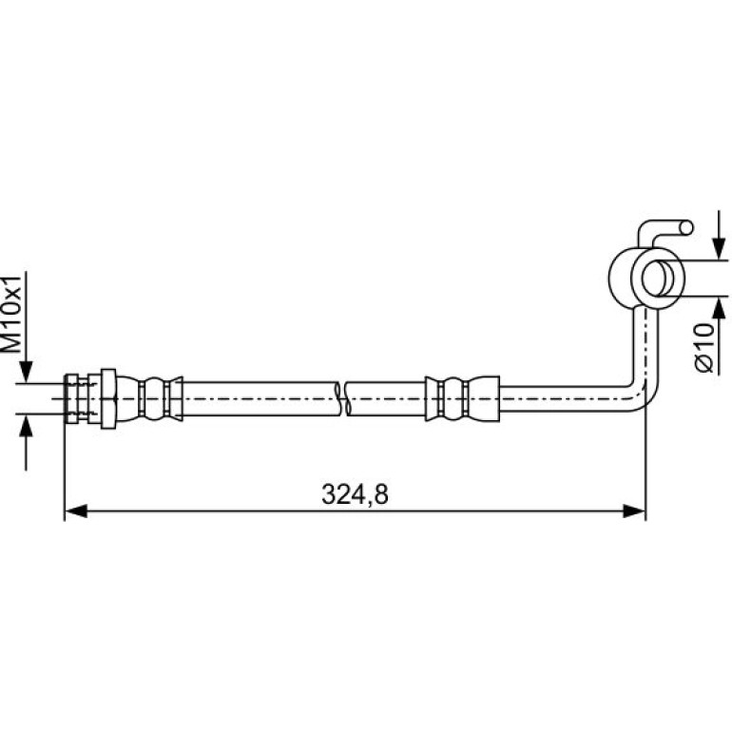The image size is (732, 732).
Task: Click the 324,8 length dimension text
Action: click(x=355, y=494)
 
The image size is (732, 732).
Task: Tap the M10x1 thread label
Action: click(x=12, y=314)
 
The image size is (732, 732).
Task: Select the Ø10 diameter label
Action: click(x=704, y=347)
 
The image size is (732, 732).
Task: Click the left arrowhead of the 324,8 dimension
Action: click(x=76, y=510)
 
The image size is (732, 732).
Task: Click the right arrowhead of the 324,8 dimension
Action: click(x=634, y=510)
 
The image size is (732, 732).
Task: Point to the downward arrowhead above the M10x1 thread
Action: click(x=27, y=371)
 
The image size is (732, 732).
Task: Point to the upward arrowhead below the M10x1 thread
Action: click(x=27, y=425)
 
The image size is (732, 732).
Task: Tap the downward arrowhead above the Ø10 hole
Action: click(x=719, y=248)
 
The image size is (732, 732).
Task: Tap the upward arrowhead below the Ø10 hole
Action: click(x=719, y=308)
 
